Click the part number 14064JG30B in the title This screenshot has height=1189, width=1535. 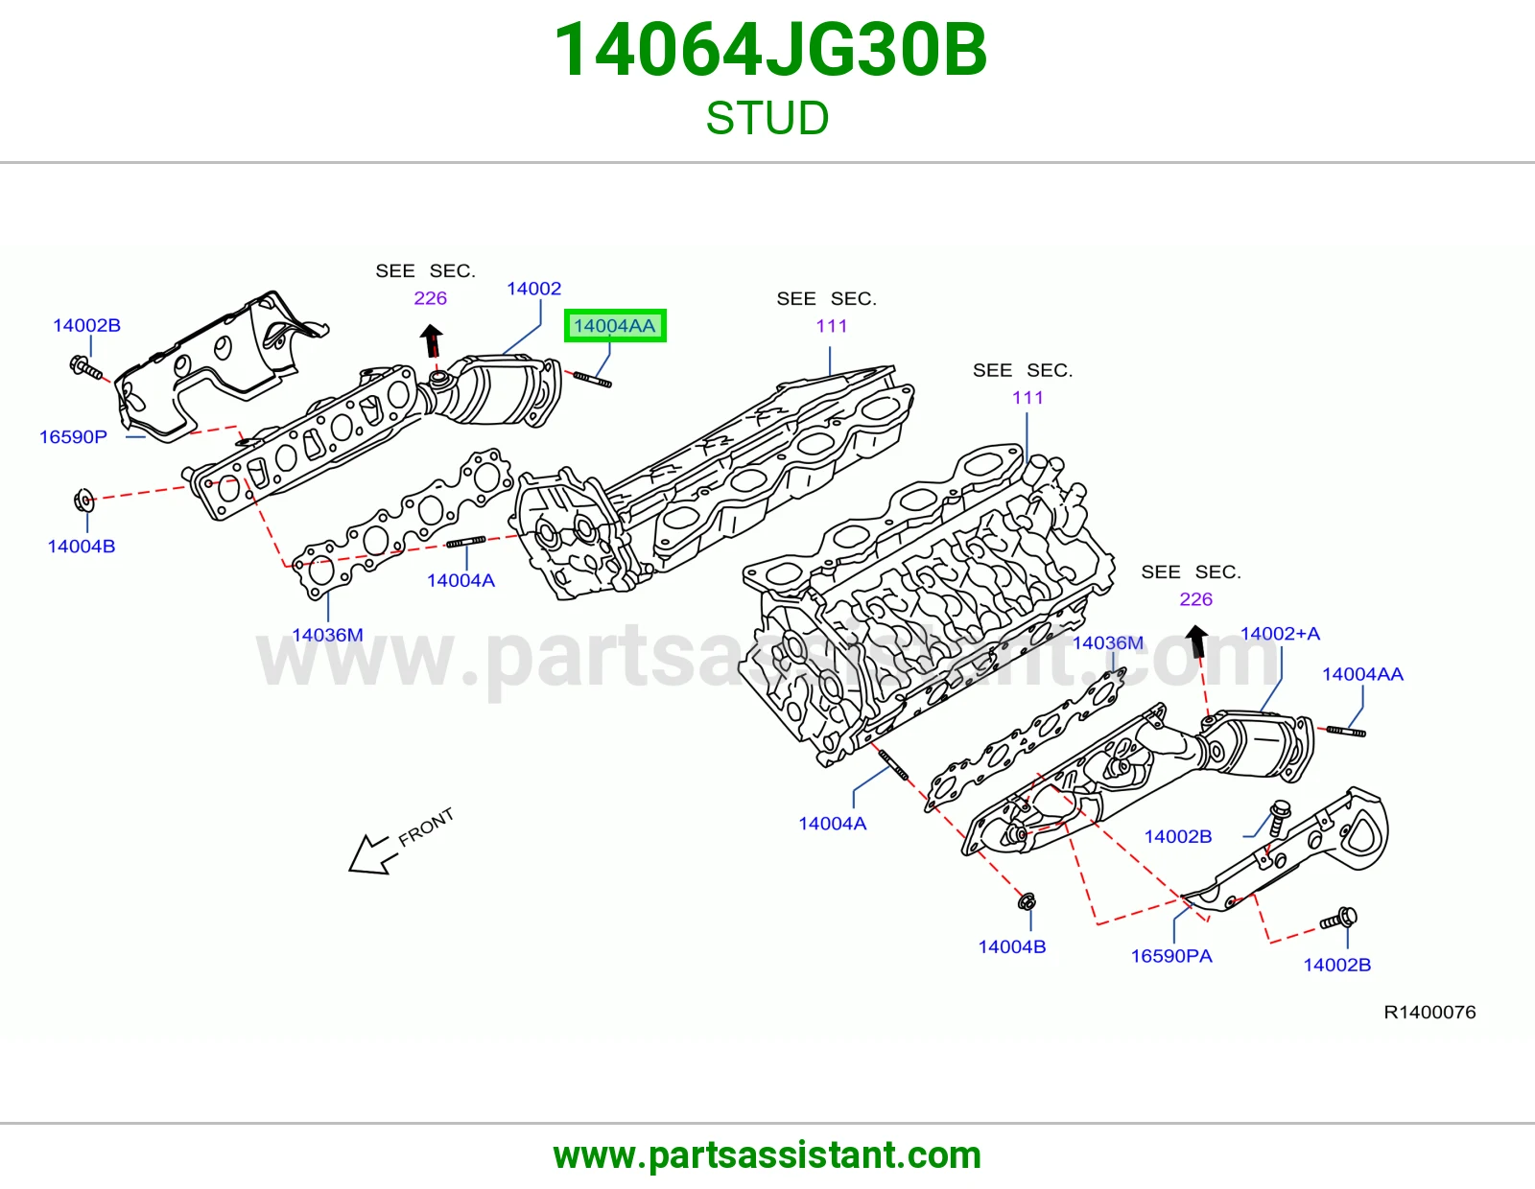pos(770,50)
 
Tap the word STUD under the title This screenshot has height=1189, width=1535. pos(767,118)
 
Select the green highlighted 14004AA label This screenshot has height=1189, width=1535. pos(615,325)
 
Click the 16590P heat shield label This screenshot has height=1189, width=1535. pos(74,437)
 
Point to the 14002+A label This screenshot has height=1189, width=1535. pos(1280,633)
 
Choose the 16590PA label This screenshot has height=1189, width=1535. pos(1171,956)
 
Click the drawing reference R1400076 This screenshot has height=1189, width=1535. pos(1429,1012)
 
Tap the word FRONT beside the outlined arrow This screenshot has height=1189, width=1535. pos(425,827)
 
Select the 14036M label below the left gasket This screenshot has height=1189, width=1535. pos(328,635)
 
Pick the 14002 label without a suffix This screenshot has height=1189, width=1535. pos(534,289)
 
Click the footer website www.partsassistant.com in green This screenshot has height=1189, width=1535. pos(767,1155)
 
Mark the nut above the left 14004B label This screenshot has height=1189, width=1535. pos(83,501)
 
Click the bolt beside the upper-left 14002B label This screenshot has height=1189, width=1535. pos(86,368)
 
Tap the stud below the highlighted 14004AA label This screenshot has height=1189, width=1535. pos(593,380)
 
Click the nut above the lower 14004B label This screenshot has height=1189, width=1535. pos(1027,901)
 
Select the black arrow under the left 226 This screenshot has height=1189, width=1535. pos(432,341)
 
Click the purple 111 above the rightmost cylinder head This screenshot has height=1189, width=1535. pos(1027,398)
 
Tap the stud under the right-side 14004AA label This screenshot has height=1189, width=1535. pos(1346,732)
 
